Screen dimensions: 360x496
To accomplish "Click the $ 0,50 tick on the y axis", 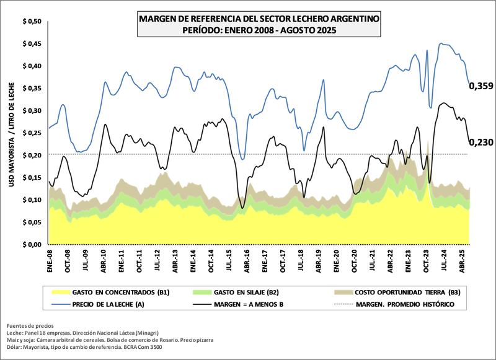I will point(32,22).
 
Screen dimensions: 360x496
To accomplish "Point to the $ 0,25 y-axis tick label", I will point(32,133).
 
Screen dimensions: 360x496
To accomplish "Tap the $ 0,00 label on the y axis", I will point(32,244).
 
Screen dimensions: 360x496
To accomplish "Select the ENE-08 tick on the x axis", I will point(50,261).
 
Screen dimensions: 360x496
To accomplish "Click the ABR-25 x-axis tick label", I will point(461,261).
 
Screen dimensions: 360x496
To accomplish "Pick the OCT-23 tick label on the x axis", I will point(426,261).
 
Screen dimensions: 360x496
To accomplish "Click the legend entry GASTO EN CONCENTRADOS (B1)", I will point(122,291).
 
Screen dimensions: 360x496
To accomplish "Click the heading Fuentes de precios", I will point(30,325).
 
